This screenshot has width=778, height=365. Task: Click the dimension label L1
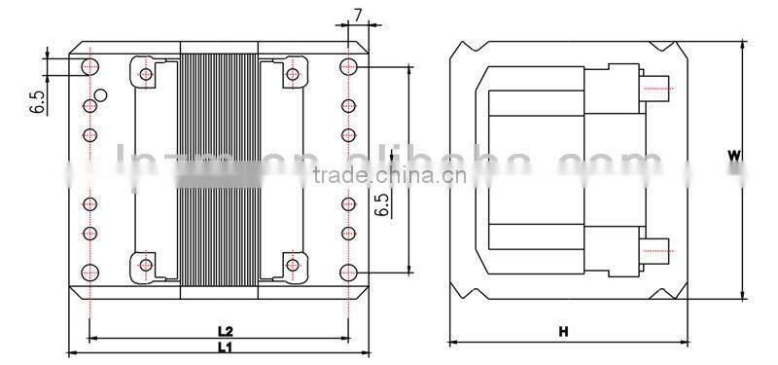click(x=223, y=347)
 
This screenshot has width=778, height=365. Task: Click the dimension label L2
click(x=223, y=331)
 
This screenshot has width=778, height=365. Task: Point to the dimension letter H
click(x=563, y=332)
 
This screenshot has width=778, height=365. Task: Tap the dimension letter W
click(x=736, y=155)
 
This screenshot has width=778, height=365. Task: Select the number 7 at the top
click(x=358, y=15)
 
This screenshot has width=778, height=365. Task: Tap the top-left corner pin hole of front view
click(x=89, y=66)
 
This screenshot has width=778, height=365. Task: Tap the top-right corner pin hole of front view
click(x=348, y=66)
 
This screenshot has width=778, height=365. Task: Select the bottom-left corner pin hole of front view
click(x=89, y=272)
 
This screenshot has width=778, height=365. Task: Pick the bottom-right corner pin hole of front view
click(x=348, y=272)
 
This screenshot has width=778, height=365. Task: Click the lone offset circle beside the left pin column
click(x=101, y=98)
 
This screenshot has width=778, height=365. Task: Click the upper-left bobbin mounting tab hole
click(x=146, y=74)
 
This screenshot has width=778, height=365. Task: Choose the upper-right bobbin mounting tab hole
click(x=292, y=74)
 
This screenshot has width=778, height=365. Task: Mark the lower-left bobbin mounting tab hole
click(x=146, y=264)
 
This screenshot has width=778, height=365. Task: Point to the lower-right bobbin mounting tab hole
click(x=292, y=264)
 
